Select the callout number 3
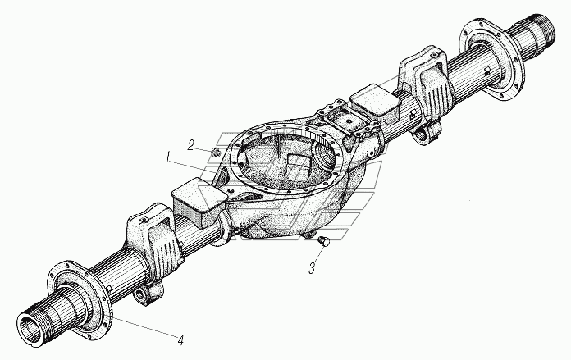point(313,267)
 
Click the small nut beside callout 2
point(214,150)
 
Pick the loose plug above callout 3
point(322,241)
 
